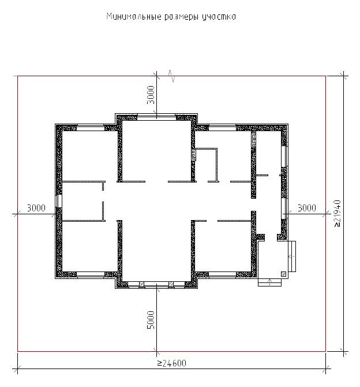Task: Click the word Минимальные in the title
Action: (x=134, y=17)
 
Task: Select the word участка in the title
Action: (x=219, y=17)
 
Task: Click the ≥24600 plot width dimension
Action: (x=171, y=363)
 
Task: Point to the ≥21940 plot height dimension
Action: (x=337, y=214)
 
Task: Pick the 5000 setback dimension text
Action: (x=151, y=320)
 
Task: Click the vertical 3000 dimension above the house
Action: (x=151, y=95)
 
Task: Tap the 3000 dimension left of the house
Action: (x=36, y=208)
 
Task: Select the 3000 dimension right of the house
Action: (x=307, y=208)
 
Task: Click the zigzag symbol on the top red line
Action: (x=171, y=76)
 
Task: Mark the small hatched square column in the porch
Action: (x=284, y=274)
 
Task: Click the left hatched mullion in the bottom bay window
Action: (x=141, y=284)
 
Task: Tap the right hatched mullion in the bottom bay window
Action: (x=171, y=284)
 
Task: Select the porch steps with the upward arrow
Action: (x=269, y=282)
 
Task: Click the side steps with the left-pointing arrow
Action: (x=292, y=256)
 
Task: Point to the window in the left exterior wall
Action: (x=59, y=201)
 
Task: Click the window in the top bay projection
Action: (x=156, y=117)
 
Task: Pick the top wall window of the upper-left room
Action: (x=91, y=128)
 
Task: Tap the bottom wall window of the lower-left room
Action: (x=91, y=275)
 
